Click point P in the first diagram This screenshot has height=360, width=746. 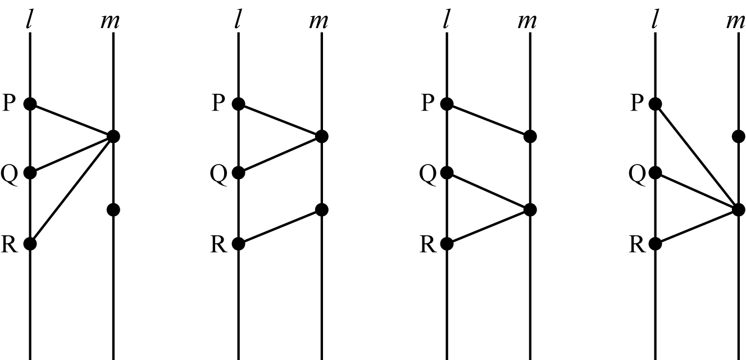[x=30, y=104]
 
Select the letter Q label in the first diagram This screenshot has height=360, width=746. [x=10, y=175]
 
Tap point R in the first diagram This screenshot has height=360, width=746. [x=30, y=244]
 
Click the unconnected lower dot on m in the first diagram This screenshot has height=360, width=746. [x=113, y=210]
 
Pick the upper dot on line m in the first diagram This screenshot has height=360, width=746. [x=113, y=136]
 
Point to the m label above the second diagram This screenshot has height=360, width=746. [x=319, y=22]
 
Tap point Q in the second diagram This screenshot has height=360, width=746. [x=238, y=173]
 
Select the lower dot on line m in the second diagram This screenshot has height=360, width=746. [x=322, y=210]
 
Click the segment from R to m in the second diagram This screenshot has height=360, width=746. [x=280, y=227]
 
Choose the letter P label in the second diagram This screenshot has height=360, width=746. [x=219, y=103]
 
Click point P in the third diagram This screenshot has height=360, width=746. [x=447, y=104]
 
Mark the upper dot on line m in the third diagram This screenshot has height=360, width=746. [x=530, y=136]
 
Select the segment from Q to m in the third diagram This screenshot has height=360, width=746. [x=488, y=191]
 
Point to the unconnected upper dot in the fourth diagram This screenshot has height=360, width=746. [x=739, y=136]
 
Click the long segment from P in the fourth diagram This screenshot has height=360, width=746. [x=697, y=157]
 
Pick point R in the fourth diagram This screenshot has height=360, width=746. [x=655, y=244]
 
